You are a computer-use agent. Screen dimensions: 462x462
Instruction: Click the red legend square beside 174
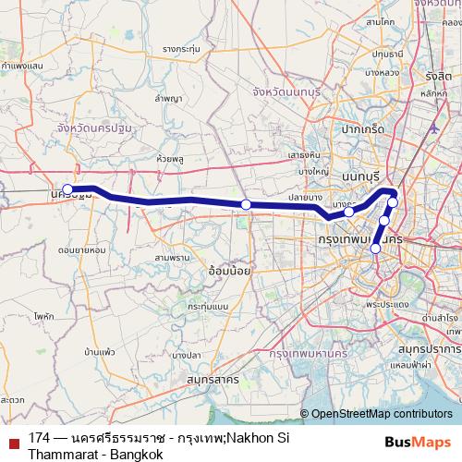[14, 436]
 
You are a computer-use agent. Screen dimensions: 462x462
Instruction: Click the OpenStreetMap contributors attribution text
[380, 414]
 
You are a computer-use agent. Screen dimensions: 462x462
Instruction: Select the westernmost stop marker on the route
[67, 189]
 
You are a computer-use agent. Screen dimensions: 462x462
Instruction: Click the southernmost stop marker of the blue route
[375, 249]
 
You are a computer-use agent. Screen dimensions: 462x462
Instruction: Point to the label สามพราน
[173, 257]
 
